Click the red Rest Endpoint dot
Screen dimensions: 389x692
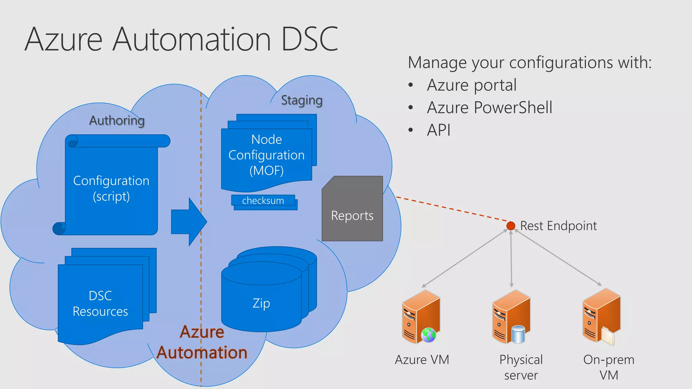511,226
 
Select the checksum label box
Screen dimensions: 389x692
263,201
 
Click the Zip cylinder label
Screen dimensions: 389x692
261,303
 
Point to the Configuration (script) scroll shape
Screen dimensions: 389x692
112,188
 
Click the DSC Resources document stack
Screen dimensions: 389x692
101,303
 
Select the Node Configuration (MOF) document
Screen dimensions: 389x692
267,155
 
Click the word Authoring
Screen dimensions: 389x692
117,121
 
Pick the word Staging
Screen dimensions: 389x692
302,100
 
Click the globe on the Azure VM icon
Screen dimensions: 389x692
428,335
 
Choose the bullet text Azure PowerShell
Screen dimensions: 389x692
489,108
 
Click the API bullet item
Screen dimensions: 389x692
439,130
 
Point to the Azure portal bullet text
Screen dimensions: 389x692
472,85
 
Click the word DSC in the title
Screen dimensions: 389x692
309,40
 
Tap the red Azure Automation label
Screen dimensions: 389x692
202,342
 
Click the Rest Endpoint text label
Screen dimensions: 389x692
558,226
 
